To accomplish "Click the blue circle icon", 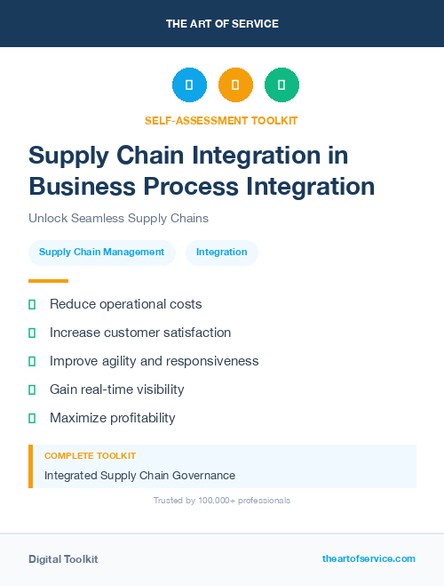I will pos(189,85).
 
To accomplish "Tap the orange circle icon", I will pos(235,85).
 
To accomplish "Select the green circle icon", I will pos(281,85).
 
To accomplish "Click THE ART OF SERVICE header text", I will pos(222,24).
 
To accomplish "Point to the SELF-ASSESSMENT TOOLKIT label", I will pos(221,120).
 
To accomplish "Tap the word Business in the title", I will pos(77,187).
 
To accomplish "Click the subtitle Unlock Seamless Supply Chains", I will pos(118,217).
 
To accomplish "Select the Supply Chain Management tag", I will pos(102,252).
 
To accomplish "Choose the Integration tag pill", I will pos(222,252).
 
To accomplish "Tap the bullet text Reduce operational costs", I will pos(126,304).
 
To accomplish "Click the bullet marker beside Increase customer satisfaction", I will pos(32,333).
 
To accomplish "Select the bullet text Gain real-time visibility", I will pos(116,389).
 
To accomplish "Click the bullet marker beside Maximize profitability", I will pos(32,418).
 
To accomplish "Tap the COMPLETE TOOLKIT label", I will pos(90,455).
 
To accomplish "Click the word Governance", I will pos(202,476).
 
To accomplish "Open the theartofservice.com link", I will pos(369,558).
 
